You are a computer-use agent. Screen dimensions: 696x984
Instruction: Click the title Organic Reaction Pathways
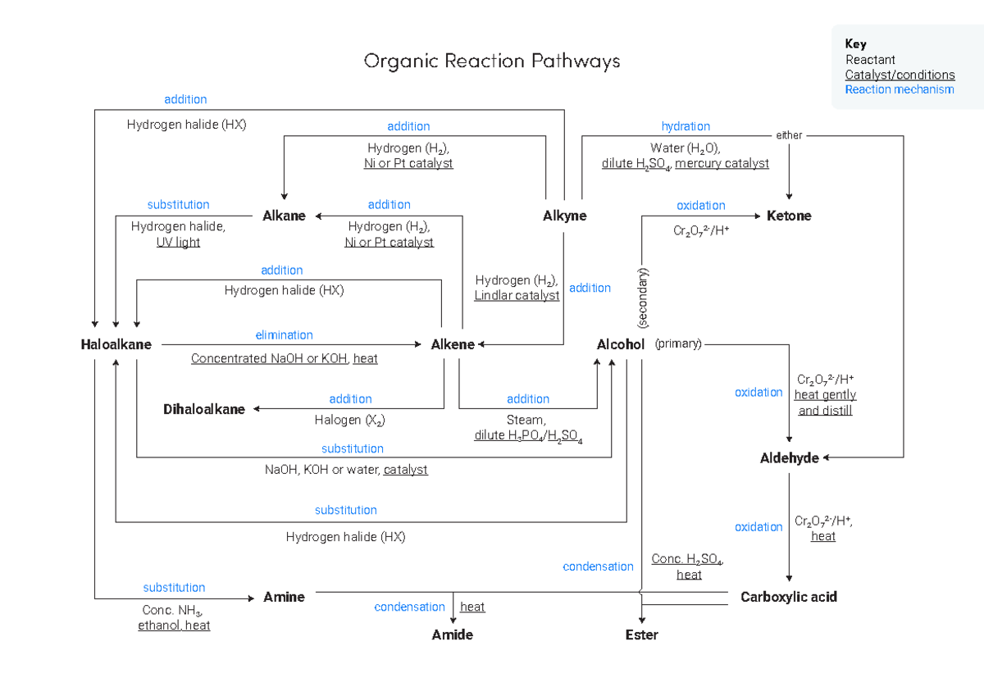coord(492,61)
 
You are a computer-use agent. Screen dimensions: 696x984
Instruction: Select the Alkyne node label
coord(564,216)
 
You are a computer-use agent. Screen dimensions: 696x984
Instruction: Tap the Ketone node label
coord(789,216)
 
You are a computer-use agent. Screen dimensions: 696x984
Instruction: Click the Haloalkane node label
coord(116,345)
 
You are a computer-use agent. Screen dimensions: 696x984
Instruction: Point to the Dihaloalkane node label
coord(203,410)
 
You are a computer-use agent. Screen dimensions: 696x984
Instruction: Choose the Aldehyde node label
coord(789,458)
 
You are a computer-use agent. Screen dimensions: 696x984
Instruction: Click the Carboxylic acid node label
coord(788,598)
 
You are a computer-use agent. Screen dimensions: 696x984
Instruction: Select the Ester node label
coord(641,635)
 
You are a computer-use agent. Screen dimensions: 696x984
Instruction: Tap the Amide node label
coord(453,635)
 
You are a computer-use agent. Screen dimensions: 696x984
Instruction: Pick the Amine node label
coord(284,598)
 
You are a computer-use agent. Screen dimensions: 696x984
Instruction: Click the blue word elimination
coord(284,335)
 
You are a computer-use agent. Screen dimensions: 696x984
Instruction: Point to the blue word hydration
coord(686,126)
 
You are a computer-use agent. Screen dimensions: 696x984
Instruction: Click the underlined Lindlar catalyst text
coord(517,296)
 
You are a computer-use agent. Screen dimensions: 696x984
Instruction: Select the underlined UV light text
coord(178,243)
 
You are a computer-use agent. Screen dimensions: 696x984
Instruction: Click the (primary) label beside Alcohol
coord(678,344)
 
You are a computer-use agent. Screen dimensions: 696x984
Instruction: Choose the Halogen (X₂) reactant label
coord(349,421)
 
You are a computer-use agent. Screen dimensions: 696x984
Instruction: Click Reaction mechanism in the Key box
coord(900,89)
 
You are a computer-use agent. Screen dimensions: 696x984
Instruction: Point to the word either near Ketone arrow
coord(789,135)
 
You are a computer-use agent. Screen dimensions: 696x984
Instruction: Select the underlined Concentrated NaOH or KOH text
coord(270,359)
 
